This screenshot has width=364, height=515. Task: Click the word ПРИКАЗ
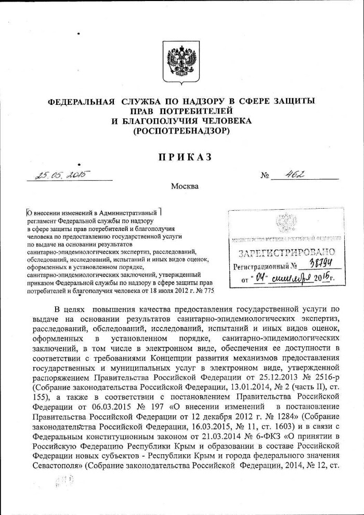(x=181, y=158)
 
